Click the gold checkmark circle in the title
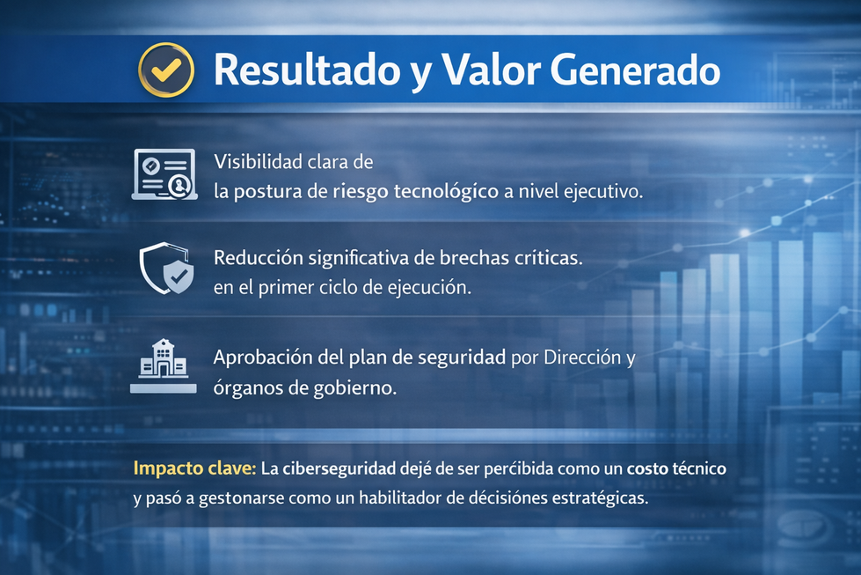click(166, 70)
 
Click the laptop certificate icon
click(163, 174)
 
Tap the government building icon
click(163, 366)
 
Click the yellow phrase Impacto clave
click(194, 468)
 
